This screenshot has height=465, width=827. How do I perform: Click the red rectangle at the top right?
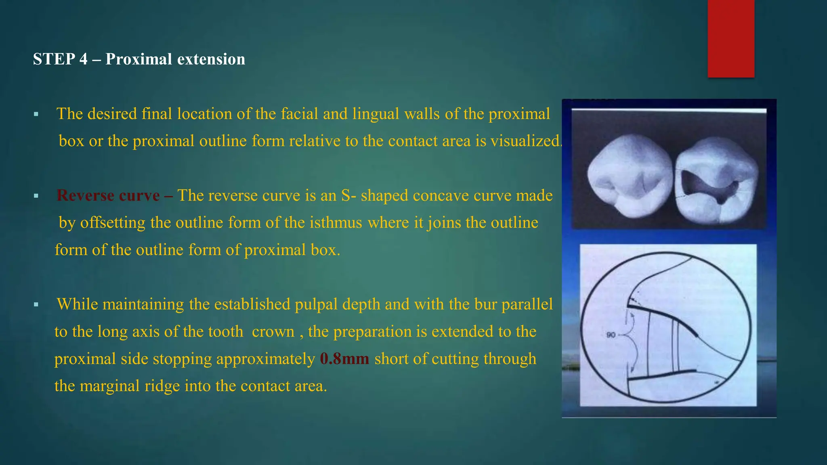coord(731,38)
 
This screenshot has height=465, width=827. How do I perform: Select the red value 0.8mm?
coord(344,359)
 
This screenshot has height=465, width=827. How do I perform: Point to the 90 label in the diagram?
coord(611,335)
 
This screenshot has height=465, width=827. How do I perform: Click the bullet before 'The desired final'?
coord(36,114)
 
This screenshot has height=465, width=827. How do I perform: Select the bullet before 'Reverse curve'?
coord(36,196)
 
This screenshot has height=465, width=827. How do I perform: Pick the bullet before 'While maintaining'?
coord(36,305)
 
